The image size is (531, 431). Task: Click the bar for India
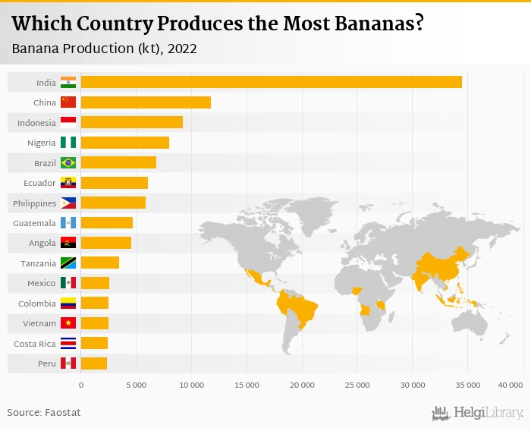pos(271,82)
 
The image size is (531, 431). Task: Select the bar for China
pos(146,102)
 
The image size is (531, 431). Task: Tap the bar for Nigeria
pos(125,143)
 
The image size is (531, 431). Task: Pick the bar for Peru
pos(94,363)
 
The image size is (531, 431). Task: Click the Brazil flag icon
pos(68,162)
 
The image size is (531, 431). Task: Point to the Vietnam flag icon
pos(68,323)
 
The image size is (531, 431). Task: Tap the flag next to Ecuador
pos(68,183)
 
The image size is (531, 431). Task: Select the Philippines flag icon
pos(68,203)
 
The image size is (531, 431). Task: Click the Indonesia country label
pos(36,123)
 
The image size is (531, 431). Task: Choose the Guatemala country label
pos(34,223)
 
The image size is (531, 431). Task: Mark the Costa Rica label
pos(35,344)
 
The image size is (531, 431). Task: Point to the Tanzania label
pos(36,263)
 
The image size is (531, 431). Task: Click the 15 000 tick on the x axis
pos(247,385)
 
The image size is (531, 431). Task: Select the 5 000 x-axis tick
pos(136,385)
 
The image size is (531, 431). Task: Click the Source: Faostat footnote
pos(44,412)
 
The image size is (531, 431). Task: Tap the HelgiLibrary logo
pos(478,413)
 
